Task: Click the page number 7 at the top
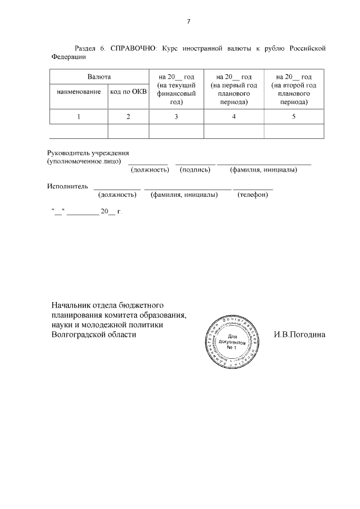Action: pos(188,22)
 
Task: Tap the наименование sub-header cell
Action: pos(78,92)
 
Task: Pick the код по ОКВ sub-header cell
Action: pos(128,92)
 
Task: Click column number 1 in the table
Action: pos(78,116)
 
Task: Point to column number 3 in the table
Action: pos(176,116)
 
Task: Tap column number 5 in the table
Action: pos(294,116)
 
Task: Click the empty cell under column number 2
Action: pos(128,131)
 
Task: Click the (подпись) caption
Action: pos(195,169)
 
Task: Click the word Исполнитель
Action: pos(68,184)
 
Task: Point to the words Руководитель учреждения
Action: pos(88,152)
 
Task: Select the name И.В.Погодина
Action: pos(299,334)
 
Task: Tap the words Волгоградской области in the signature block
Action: pos(93,334)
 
